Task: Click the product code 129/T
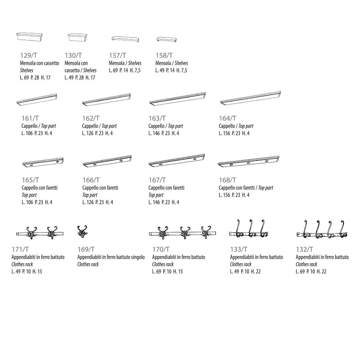(28, 55)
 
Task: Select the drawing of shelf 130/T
(77, 38)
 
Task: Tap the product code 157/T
(117, 55)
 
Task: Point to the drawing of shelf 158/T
(166, 40)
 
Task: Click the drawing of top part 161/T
(37, 100)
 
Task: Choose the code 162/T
(91, 118)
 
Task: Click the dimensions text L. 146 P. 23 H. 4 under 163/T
(164, 133)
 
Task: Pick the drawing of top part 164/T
(250, 98)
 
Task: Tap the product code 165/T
(30, 180)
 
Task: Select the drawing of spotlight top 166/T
(107, 162)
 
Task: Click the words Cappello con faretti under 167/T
(166, 188)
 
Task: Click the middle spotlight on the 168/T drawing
(248, 163)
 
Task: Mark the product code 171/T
(20, 249)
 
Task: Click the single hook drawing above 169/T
(82, 232)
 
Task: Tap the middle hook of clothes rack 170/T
(184, 233)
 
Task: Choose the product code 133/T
(238, 249)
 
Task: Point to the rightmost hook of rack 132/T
(343, 229)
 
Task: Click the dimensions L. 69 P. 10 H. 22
(311, 272)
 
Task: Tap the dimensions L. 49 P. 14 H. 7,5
(171, 70)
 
